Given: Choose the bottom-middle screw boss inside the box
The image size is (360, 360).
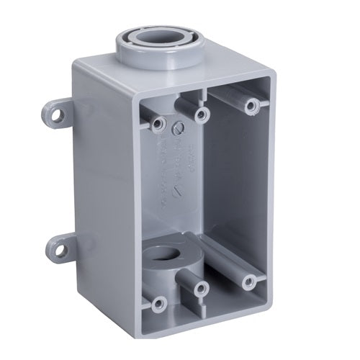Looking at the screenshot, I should [x=202, y=289].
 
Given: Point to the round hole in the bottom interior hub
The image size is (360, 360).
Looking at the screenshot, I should [x=171, y=257].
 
